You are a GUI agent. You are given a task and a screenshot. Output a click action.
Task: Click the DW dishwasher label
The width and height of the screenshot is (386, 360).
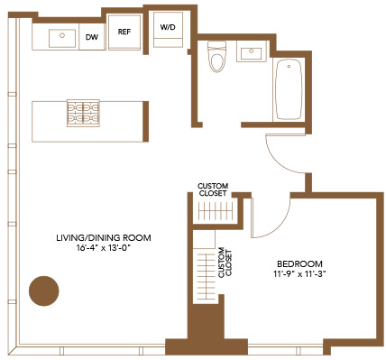point(92,37)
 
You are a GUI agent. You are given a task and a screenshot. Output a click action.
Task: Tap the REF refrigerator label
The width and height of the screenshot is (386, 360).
point(124,32)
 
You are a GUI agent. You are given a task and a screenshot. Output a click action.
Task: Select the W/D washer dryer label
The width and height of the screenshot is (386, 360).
point(168,27)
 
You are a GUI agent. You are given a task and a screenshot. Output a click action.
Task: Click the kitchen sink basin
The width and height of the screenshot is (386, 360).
point(62,38)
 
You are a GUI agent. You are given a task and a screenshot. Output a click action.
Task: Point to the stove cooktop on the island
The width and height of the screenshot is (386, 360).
point(83,114)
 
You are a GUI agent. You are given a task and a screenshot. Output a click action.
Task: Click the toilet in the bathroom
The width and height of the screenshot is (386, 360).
point(217,57)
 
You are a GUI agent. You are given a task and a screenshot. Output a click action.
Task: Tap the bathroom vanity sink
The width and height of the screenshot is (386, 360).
point(252,51)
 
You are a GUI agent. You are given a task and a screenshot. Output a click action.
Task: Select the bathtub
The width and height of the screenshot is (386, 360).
point(289,89)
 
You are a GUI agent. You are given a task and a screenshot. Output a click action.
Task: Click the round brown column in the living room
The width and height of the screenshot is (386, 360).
point(44,291)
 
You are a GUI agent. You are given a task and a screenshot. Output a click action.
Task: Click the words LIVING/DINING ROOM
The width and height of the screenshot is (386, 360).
point(104,238)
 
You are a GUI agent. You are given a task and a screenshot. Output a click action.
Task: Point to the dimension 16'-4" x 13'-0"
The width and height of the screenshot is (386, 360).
point(105,248)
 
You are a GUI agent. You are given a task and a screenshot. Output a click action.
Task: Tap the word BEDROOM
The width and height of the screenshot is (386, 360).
point(299,264)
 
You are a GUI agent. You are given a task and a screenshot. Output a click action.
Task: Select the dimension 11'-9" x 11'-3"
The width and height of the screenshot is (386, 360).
point(299,274)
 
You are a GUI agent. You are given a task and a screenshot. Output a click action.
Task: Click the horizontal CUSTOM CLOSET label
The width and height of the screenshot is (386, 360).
point(213,189)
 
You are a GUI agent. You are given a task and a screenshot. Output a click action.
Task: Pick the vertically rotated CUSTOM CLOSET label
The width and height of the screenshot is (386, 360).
point(225,263)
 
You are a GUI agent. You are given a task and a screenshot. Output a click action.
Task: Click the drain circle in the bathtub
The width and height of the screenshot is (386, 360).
point(289,66)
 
